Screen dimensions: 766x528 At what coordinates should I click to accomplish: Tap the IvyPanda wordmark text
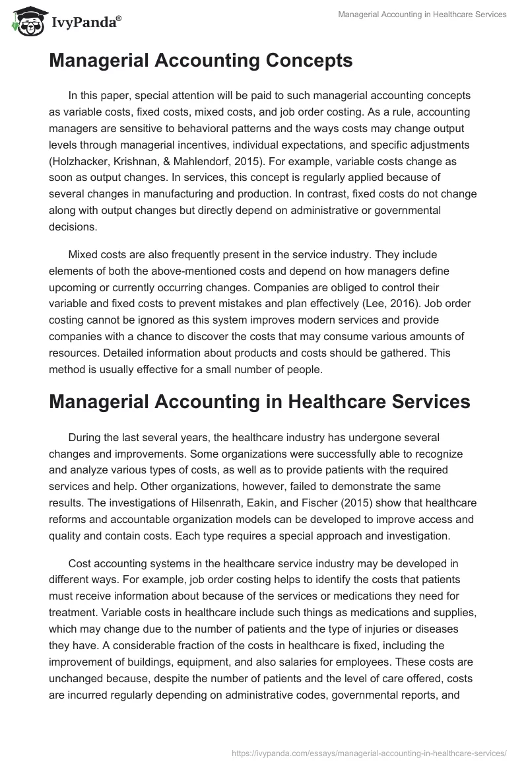85,22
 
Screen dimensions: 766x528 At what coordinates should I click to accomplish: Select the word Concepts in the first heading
303,61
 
